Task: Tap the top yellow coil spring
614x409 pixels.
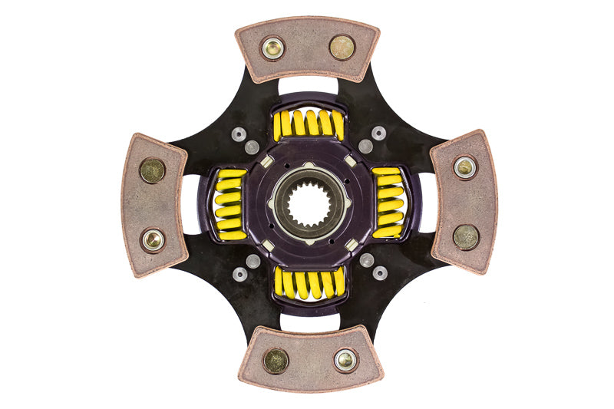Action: coord(309,124)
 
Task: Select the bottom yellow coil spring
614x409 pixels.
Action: coord(309,283)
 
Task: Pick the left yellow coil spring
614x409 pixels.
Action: coord(229,204)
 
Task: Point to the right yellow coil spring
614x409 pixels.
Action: coord(388,204)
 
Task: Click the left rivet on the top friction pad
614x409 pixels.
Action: coord(272,48)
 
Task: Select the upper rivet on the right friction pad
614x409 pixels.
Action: coord(464,167)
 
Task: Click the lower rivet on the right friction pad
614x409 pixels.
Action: coord(465,237)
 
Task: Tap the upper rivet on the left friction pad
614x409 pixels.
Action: coord(152,170)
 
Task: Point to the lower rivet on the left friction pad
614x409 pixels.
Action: coord(153,240)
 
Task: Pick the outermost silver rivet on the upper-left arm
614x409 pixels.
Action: coord(239,134)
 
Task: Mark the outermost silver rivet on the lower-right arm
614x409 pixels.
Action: coord(378,272)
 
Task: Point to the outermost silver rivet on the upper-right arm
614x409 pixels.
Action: coord(378,134)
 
